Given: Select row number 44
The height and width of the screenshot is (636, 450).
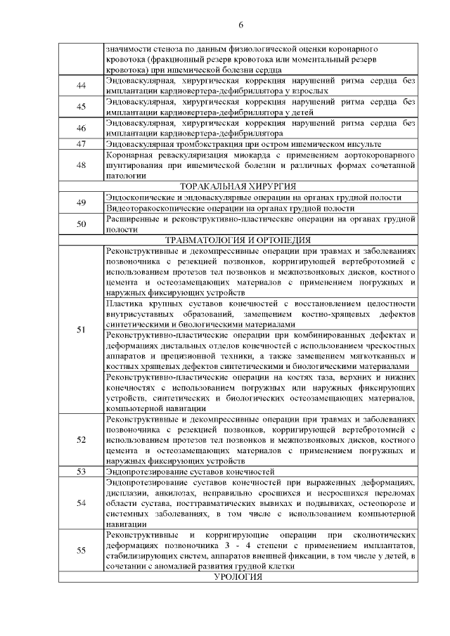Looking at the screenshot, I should tap(81, 86).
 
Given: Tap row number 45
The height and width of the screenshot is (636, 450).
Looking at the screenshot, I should tap(81, 107).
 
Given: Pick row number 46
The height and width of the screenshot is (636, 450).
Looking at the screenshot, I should tap(81, 127).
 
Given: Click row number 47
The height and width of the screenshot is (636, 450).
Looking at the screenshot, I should tap(81, 143).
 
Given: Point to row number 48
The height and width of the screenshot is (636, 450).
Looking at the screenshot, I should tap(81, 165).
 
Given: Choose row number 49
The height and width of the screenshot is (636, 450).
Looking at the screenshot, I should tap(81, 202).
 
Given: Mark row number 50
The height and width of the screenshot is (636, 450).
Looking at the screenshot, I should tap(81, 224).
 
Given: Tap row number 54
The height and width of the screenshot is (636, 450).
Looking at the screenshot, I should tap(81, 502).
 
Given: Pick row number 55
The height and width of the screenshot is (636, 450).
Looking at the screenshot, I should tap(81, 550).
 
